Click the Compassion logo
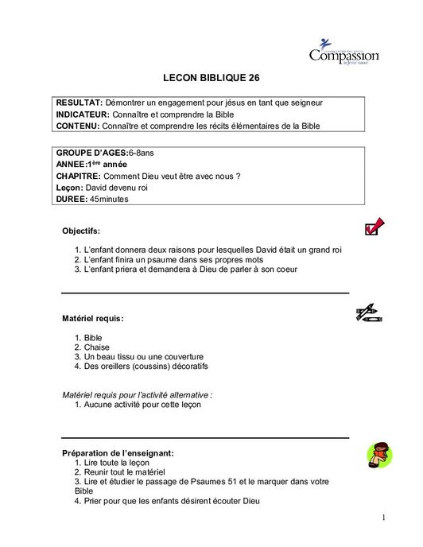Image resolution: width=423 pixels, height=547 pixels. [x=344, y=53]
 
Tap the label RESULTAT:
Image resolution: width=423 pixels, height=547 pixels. [x=79, y=103]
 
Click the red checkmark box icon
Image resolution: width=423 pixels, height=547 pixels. [x=372, y=227]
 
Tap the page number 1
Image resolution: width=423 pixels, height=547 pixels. [x=382, y=518]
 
